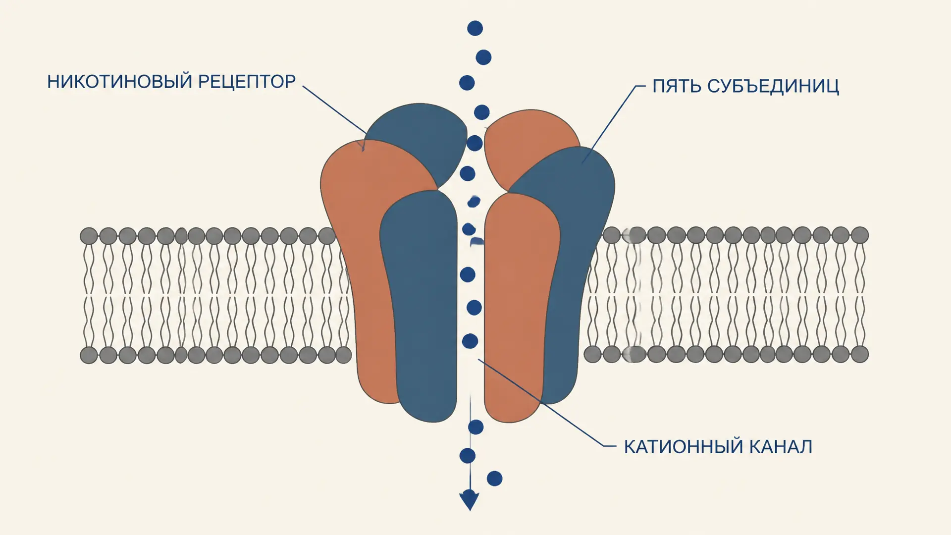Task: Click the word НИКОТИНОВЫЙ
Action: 119,81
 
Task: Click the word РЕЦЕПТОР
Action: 247,81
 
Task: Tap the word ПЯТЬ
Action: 676,86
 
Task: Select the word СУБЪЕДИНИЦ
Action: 773,86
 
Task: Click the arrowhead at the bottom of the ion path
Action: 469,500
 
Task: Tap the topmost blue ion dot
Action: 475,28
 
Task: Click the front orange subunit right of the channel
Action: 520,307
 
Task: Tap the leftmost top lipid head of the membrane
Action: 89,236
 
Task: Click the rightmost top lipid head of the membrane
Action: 859,235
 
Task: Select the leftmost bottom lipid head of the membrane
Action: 89,355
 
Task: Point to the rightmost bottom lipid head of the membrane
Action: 859,354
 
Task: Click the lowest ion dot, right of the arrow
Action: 494,479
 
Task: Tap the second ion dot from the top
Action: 483,57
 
